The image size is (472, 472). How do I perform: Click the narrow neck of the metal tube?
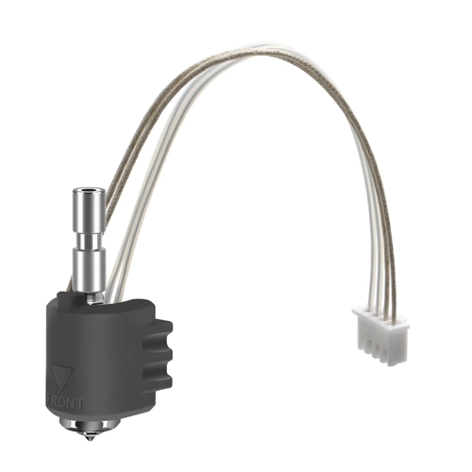pos(88,238)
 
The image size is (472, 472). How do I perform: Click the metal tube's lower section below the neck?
pos(88,269)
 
